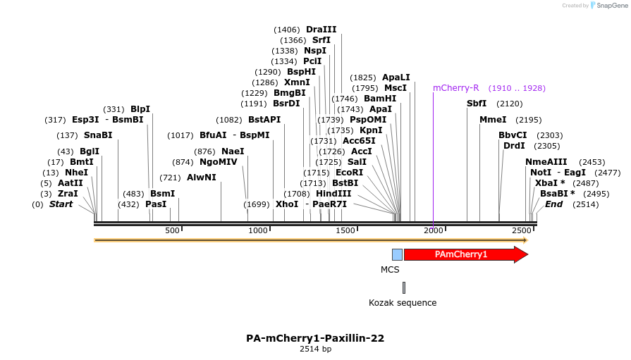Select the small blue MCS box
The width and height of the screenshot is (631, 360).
click(x=397, y=254)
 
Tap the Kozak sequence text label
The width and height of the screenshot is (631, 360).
click(x=403, y=303)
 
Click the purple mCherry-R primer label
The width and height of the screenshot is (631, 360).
click(x=455, y=88)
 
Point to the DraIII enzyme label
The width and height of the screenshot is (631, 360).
click(x=321, y=30)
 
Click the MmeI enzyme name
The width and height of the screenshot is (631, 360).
click(x=493, y=120)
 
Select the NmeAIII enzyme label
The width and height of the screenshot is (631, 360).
click(x=546, y=162)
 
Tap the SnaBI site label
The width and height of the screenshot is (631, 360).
click(x=98, y=135)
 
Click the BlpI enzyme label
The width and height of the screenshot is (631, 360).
click(x=140, y=109)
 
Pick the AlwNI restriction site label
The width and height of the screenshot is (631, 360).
click(x=202, y=178)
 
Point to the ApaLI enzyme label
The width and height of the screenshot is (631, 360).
click(x=396, y=77)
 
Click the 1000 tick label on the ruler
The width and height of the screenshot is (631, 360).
click(x=258, y=230)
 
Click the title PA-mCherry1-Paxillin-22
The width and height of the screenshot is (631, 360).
click(x=315, y=338)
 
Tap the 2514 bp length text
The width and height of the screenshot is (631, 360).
click(x=315, y=349)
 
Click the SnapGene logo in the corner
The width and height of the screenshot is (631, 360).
click(x=607, y=6)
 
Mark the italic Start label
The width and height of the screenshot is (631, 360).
click(x=61, y=204)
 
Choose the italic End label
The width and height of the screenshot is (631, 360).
click(x=554, y=204)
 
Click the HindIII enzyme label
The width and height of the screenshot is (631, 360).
click(x=333, y=194)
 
